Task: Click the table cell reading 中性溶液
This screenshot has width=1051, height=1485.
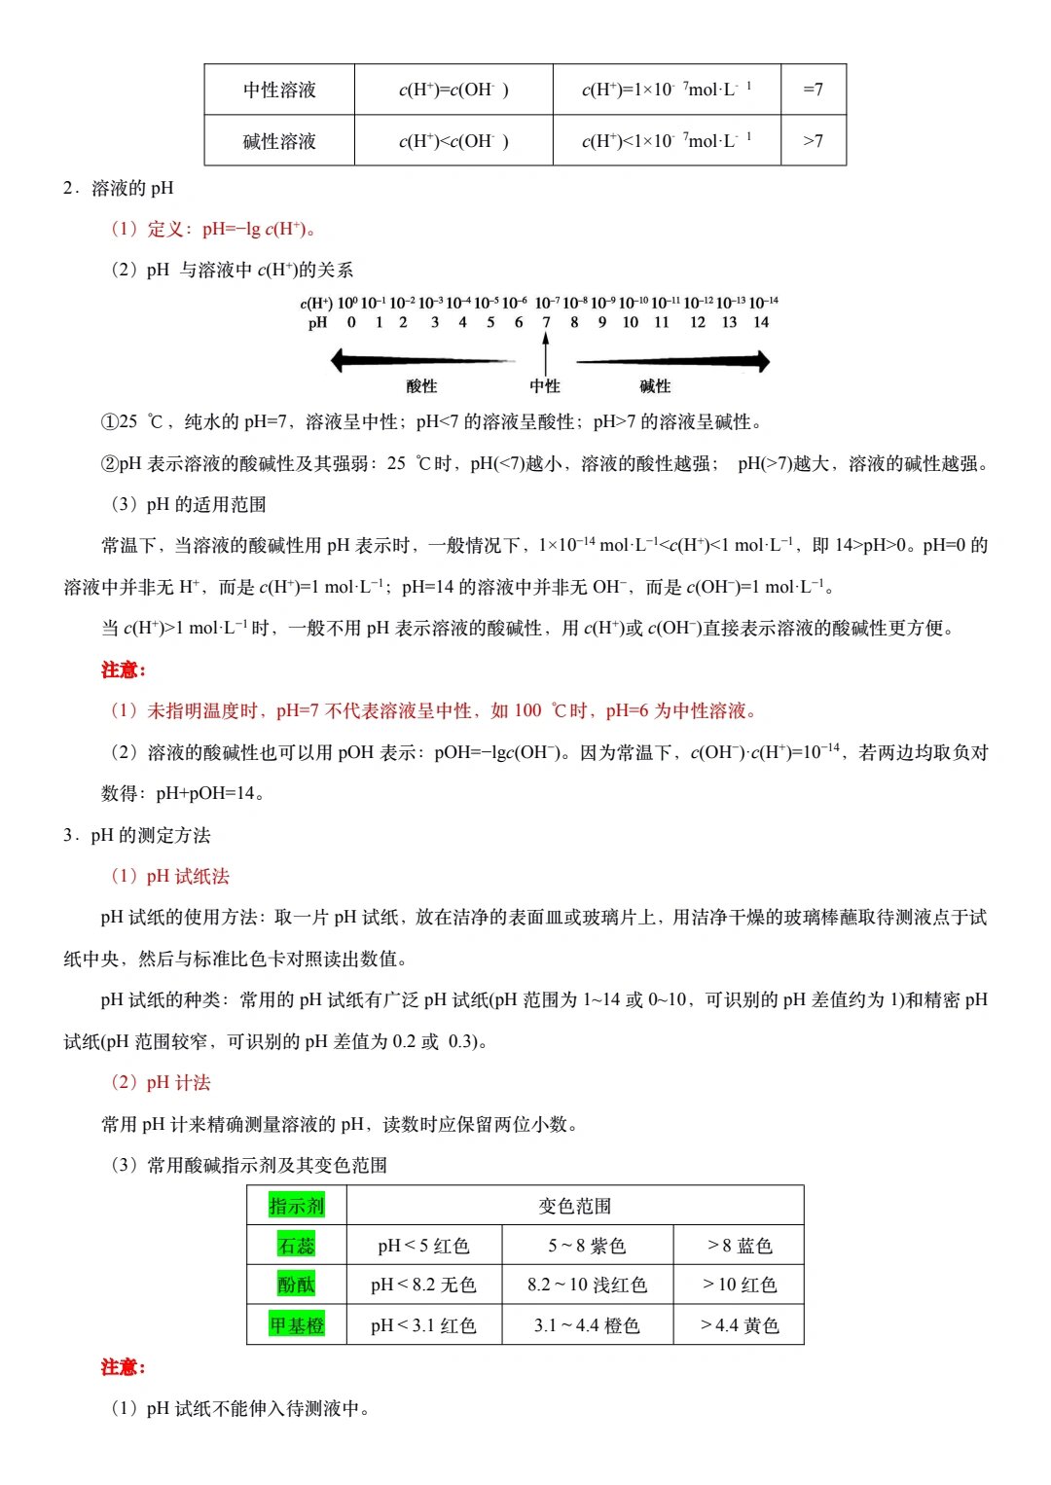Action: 279,90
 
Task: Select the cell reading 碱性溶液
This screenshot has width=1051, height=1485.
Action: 279,141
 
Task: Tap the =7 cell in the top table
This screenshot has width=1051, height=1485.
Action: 813,90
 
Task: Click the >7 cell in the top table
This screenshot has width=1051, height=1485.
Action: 813,141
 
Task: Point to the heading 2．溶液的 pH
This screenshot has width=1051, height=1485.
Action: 119,188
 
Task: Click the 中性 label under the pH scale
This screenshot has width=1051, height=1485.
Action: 545,386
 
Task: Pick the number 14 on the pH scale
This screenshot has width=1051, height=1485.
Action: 761,322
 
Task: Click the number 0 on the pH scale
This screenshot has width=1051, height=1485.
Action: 351,322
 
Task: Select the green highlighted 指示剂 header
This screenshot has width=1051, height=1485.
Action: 297,1206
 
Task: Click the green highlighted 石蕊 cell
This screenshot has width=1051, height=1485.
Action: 297,1246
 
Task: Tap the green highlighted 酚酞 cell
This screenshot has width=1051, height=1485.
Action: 297,1285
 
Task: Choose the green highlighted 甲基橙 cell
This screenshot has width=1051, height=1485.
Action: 297,1324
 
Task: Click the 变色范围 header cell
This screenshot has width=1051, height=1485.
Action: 575,1206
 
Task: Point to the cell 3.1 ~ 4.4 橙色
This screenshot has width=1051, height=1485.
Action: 587,1325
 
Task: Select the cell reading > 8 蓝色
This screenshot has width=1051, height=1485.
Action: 740,1246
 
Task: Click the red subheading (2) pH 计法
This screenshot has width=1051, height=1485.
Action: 162,1082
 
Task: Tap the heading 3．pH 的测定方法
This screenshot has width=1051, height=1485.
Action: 137,835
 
